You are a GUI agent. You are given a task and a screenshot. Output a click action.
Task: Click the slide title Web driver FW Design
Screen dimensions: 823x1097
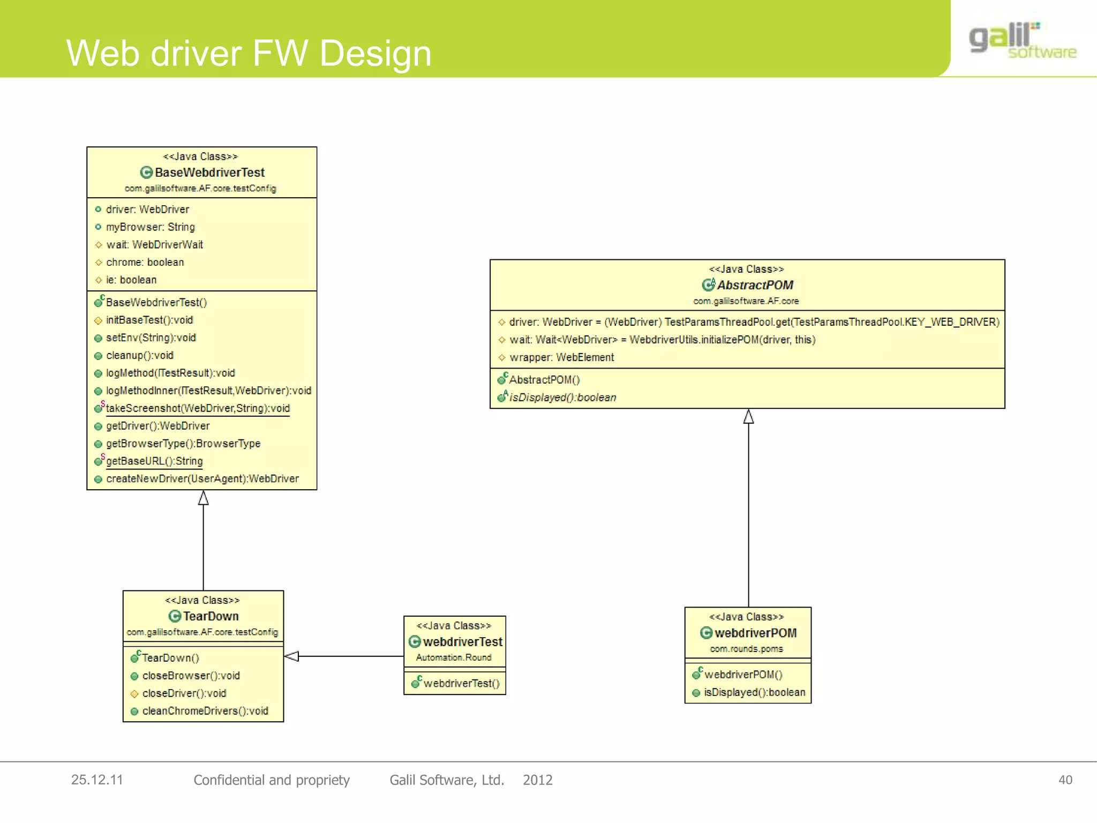pos(249,54)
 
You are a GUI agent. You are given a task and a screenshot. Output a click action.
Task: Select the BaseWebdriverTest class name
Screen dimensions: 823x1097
pos(209,173)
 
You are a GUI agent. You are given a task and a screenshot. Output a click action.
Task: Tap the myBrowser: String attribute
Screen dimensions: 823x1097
pos(150,227)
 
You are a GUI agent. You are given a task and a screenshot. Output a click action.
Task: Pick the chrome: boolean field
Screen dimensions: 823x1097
pos(145,262)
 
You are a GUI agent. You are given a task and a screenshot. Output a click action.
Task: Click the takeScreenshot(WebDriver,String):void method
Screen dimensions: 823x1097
pos(197,408)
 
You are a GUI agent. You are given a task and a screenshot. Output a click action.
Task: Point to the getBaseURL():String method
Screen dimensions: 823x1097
pos(154,461)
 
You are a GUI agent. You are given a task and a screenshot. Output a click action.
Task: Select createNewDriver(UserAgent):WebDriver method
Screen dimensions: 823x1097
pos(202,478)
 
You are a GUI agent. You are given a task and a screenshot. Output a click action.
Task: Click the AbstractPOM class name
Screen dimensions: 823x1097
pos(754,285)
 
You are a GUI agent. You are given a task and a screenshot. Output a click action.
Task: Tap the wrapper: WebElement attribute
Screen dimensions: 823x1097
pos(561,357)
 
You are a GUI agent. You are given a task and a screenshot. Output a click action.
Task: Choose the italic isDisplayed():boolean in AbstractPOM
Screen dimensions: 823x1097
pos(562,398)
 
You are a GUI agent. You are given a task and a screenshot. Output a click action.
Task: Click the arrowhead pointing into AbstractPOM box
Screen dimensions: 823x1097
pos(748,416)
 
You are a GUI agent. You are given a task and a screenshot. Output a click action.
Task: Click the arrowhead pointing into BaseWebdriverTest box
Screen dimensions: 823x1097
pos(203,498)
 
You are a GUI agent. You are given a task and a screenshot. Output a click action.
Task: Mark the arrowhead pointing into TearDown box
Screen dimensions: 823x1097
pos(291,656)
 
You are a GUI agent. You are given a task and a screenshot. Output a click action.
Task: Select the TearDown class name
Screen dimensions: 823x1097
pos(211,616)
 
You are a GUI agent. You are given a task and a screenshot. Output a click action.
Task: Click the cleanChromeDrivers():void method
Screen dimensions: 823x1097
pos(205,711)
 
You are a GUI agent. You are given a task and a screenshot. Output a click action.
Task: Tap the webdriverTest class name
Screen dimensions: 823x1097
pos(462,642)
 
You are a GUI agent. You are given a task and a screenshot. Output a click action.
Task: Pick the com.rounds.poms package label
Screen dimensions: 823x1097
pos(746,649)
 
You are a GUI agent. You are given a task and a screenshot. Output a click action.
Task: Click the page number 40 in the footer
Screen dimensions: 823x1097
pos(1065,780)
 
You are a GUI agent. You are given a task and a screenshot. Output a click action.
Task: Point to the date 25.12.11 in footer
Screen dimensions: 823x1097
pos(97,780)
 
